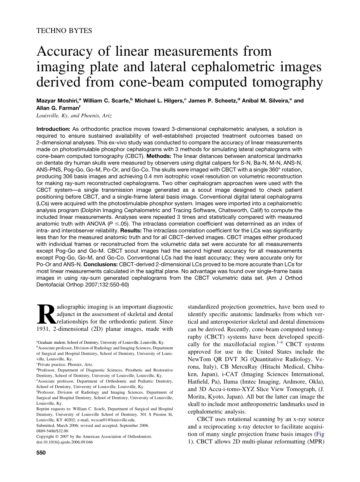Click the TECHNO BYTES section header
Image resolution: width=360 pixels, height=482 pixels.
64,31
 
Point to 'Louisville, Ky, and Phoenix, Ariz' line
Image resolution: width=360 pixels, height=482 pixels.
74,116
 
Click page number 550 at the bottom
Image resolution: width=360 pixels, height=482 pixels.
41,453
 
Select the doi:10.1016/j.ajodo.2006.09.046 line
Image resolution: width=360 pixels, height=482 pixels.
64,442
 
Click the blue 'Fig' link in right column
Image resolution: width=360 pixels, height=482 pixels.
321,434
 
